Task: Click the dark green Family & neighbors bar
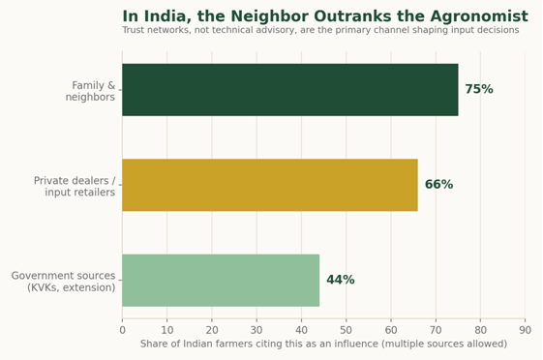click(290, 90)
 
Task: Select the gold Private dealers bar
click(270, 185)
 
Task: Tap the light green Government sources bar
click(221, 280)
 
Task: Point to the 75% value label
click(479, 89)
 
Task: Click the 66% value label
click(438, 185)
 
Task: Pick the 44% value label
click(341, 280)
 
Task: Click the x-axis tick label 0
click(122, 330)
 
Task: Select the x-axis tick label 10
click(166, 330)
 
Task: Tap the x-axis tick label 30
click(256, 330)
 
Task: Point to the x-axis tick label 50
click(346, 330)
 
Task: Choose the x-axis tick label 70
click(436, 330)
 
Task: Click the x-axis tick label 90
click(525, 330)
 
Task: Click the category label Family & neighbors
click(90, 91)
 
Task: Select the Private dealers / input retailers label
click(75, 186)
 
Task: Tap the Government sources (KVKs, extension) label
click(63, 282)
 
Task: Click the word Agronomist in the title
click(479, 16)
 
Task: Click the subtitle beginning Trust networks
click(320, 30)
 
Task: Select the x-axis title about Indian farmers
click(323, 344)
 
